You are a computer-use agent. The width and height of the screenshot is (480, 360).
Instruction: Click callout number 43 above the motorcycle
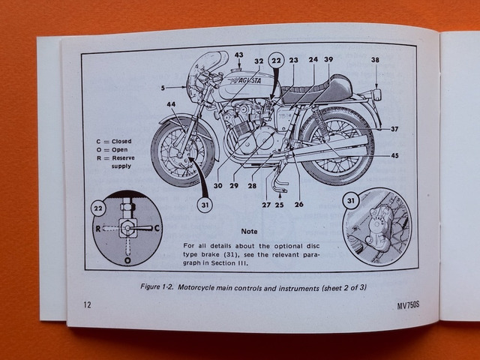238,55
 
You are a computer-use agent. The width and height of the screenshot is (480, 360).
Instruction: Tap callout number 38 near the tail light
375,60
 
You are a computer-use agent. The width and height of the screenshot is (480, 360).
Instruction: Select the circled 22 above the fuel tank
276,61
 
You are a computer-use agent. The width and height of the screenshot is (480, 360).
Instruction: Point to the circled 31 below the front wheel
205,201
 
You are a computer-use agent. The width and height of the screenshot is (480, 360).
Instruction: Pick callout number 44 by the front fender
171,105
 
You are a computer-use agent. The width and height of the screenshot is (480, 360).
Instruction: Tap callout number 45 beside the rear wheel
394,156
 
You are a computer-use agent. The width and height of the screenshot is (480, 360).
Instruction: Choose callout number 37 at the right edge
394,129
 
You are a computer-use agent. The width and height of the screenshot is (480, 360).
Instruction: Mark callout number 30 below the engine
217,185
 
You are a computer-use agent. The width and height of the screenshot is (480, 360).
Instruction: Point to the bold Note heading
249,232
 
